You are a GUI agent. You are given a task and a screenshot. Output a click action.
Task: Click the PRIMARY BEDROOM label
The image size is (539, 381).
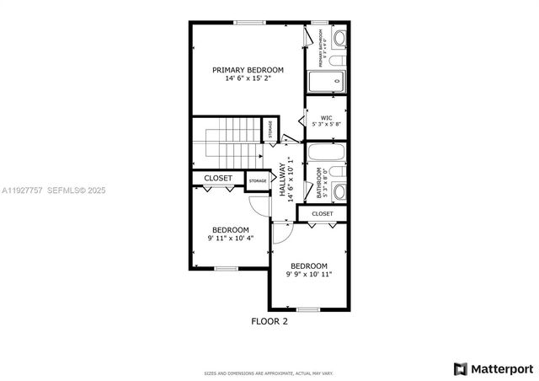248,70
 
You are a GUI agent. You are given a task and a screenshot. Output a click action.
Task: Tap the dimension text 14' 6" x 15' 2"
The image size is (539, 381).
248,79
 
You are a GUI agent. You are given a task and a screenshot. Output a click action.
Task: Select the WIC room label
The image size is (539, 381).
326,118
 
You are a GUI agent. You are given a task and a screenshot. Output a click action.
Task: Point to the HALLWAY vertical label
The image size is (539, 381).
284,180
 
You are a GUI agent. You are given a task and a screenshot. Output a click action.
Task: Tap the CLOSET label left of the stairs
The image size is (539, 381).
218,179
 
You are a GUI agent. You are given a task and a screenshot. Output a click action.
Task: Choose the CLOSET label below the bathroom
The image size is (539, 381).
322,214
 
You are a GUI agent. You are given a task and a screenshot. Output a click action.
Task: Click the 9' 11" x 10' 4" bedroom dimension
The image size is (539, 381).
230,239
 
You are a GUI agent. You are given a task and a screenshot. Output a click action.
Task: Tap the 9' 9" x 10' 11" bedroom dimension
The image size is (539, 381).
308,274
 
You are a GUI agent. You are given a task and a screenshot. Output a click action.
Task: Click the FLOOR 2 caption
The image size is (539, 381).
269,321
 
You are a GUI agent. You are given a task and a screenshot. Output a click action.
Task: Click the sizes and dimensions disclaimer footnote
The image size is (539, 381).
269,373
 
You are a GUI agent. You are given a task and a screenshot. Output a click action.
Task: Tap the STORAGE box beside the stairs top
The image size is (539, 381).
270,131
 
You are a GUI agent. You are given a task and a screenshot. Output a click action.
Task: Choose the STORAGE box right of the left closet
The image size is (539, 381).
258,180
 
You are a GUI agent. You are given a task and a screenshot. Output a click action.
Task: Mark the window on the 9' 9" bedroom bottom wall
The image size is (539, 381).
308,309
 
